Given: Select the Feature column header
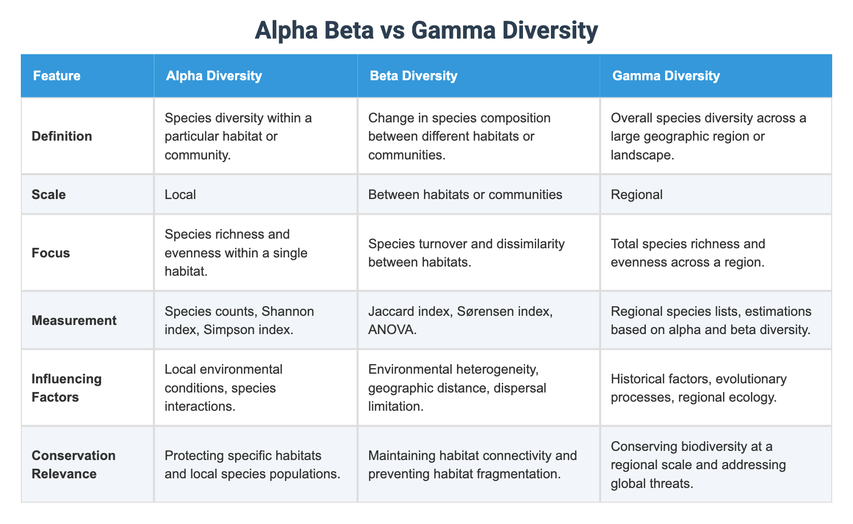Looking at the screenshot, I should coord(56,76).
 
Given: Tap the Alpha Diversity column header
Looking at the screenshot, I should coord(214,76).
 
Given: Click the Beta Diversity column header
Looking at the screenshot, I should coord(413,76).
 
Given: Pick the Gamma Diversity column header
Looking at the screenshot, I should coord(666,76).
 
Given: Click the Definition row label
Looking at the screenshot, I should coord(61,136).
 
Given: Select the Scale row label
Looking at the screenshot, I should coord(48,194).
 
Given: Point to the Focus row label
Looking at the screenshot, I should coord(51,253).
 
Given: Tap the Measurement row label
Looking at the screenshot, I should coord(74,320).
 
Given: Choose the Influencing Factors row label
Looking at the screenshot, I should coord(66,388).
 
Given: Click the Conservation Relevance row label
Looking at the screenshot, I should coord(73,465).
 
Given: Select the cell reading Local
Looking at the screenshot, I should coord(180,194).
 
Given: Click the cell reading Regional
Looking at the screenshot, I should coord(637,194).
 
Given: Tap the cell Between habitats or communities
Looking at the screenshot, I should coord(465,194).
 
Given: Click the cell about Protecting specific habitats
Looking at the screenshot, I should coord(252,465).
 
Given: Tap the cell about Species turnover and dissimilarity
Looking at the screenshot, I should coord(466,253).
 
